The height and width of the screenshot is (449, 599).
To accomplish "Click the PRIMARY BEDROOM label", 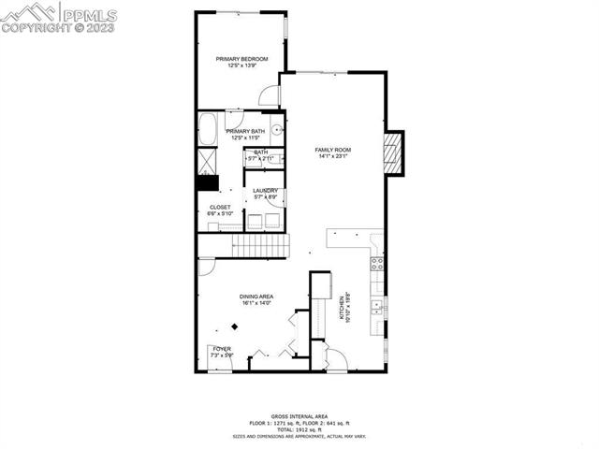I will click(241, 59).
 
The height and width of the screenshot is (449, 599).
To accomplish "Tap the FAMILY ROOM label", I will click(331, 151).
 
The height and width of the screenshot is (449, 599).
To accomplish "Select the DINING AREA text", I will click(256, 297).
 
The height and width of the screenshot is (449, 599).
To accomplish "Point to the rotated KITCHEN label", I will click(348, 307).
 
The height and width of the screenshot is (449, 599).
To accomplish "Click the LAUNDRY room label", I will click(265, 191).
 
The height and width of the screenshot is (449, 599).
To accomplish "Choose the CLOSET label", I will click(220, 208).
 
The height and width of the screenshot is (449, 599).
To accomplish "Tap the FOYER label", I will click(222, 349).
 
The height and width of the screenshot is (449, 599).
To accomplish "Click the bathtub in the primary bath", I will click(208, 129).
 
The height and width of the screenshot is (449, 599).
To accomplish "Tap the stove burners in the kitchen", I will click(377, 262).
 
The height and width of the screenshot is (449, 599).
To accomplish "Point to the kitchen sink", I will click(377, 305).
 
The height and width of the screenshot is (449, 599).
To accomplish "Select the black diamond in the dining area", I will click(235, 326).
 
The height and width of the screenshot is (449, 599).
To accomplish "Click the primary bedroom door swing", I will click(270, 94).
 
